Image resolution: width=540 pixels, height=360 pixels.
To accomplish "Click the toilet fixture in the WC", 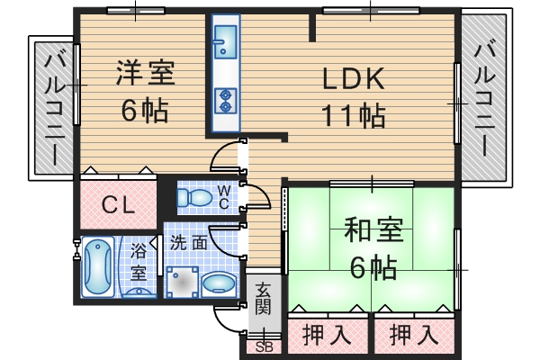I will click(193, 197).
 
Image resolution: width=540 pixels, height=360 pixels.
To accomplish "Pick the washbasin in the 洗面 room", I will click(219, 283).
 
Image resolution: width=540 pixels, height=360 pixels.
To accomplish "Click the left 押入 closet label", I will click(326, 336).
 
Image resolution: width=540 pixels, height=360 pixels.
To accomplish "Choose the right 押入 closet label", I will click(413, 336).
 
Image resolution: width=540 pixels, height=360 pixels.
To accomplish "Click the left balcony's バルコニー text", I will click(53, 107).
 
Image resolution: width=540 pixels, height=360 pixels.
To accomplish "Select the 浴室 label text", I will click(139, 261).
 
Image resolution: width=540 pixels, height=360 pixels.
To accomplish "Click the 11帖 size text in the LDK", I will click(354, 115).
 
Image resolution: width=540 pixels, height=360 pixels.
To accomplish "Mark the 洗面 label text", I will click(189, 242).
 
